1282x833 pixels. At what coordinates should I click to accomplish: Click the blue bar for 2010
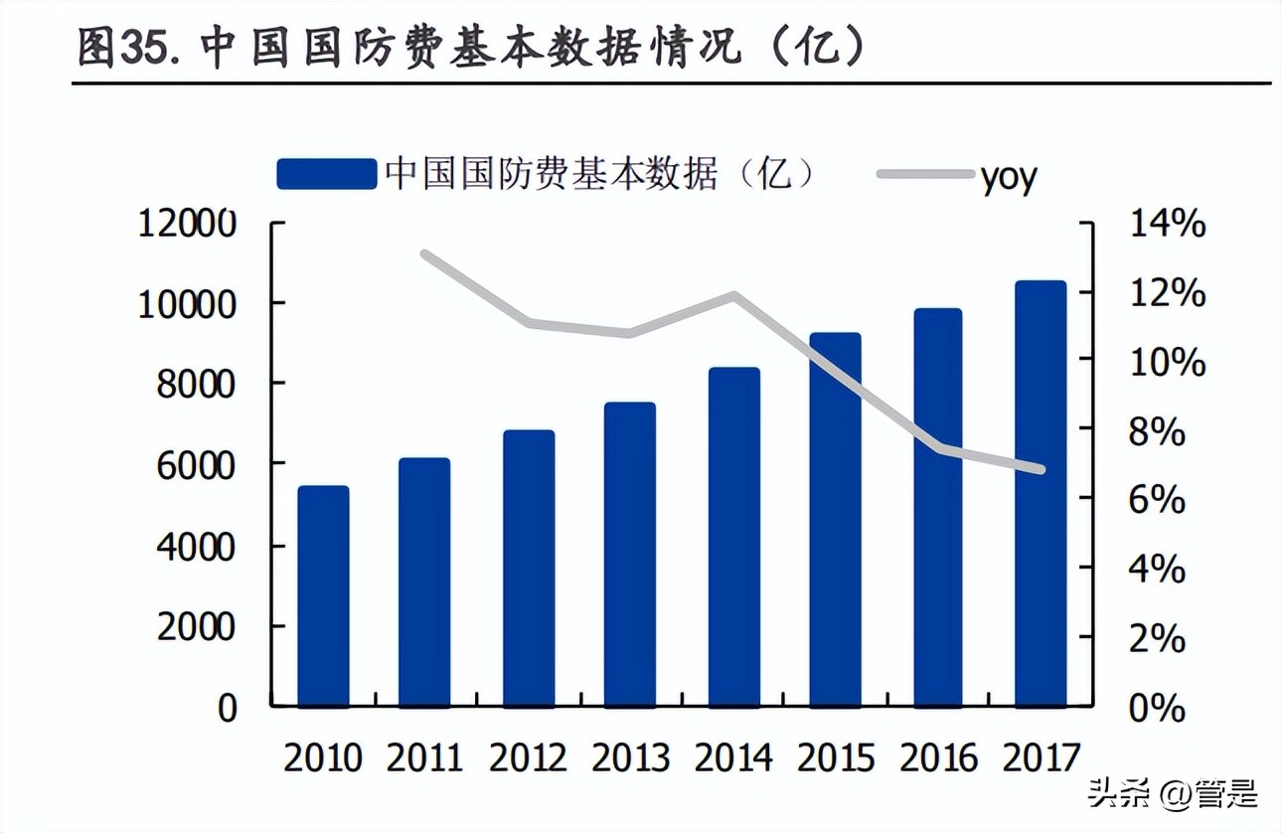(x=323, y=596)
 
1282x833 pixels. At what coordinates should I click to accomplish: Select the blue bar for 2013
(x=629, y=555)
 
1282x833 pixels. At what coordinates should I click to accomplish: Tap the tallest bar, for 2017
(x=1040, y=494)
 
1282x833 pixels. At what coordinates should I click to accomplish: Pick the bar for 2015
(x=834, y=520)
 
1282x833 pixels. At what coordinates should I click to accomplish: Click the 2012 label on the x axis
(x=527, y=758)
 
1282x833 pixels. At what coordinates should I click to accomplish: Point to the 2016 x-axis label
(x=938, y=758)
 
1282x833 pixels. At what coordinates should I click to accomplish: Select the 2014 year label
(x=732, y=758)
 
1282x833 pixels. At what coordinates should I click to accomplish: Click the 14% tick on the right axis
(x=1167, y=225)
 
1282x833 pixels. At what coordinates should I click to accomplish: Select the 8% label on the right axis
(x=1157, y=432)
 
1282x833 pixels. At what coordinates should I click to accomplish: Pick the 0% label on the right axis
(x=1157, y=709)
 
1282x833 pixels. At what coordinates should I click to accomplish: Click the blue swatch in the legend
(x=327, y=174)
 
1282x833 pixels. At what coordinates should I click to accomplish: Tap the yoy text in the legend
(x=1008, y=177)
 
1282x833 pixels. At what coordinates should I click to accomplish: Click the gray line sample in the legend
(x=923, y=175)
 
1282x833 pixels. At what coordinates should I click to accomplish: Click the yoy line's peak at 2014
(x=734, y=295)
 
